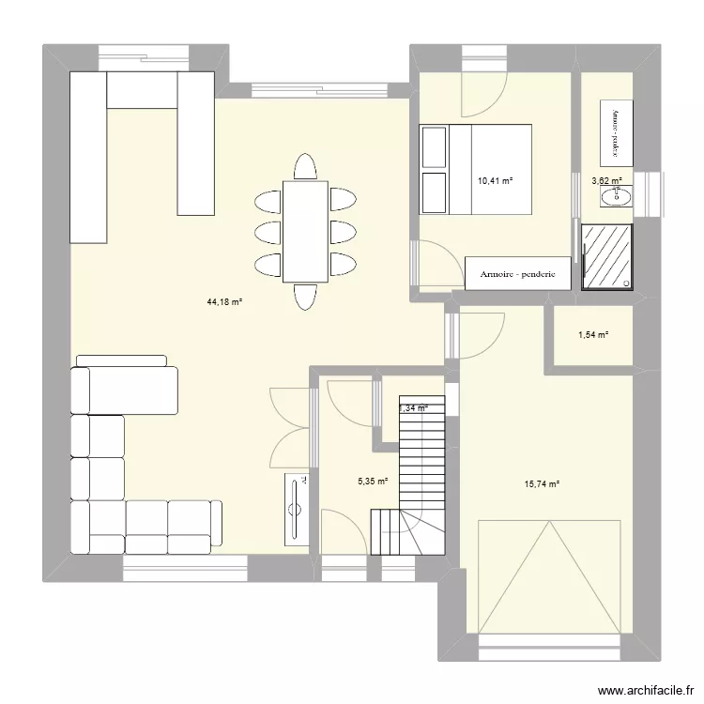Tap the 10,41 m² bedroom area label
(x=497, y=182)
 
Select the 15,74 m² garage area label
(x=542, y=484)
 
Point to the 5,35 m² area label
(x=373, y=482)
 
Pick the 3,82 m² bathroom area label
(x=606, y=182)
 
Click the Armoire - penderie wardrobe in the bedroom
(x=518, y=275)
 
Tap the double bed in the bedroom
(x=476, y=169)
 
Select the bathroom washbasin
(x=618, y=195)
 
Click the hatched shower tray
(x=607, y=255)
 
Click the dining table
(x=304, y=231)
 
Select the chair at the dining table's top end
(x=304, y=167)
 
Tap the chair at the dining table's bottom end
(x=304, y=296)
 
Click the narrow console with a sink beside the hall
(x=297, y=508)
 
